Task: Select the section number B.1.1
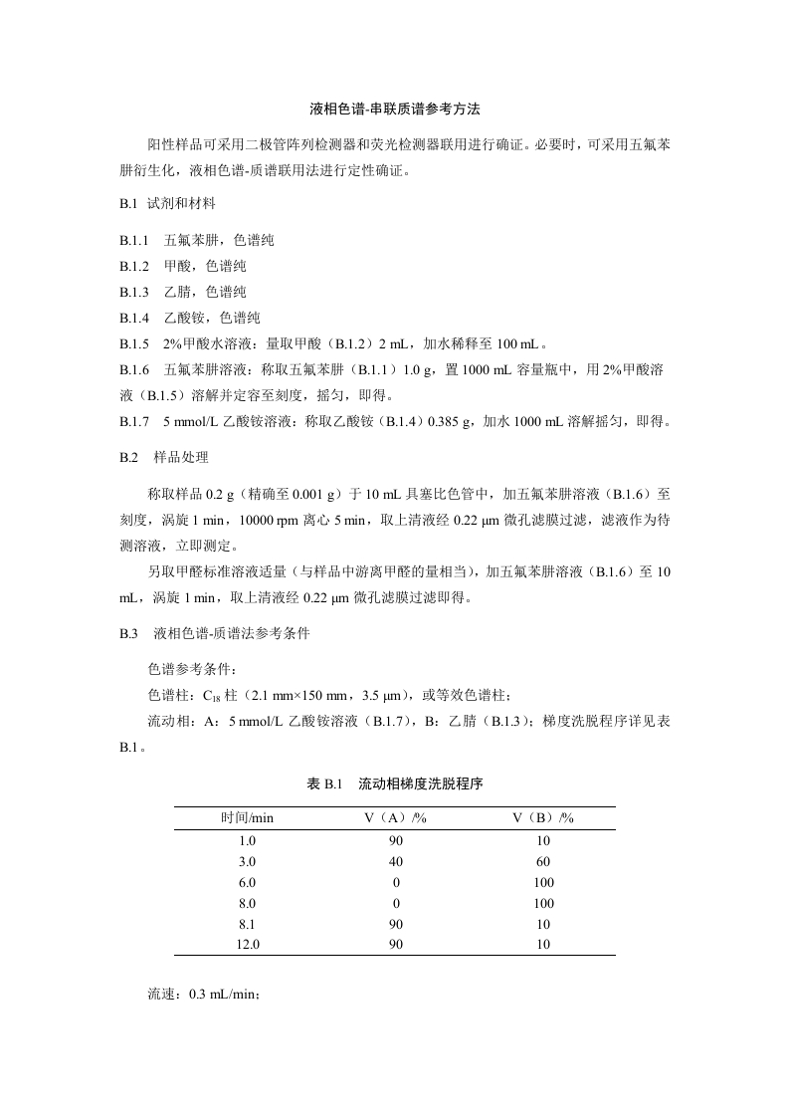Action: click(x=133, y=240)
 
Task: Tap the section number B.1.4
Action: click(x=133, y=318)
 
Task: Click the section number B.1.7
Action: click(x=133, y=421)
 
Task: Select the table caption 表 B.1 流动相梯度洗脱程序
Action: click(x=394, y=783)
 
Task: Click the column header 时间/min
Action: click(x=247, y=817)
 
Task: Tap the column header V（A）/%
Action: click(x=395, y=817)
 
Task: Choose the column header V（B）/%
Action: click(x=543, y=817)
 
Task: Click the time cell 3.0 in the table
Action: click(x=247, y=861)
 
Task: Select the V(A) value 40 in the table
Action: click(x=395, y=861)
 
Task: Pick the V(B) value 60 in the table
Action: click(x=543, y=861)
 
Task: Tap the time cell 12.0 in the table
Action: click(x=247, y=945)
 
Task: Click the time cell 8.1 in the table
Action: click(x=247, y=924)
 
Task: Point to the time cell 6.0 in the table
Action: click(x=247, y=882)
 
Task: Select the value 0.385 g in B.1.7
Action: click(x=448, y=421)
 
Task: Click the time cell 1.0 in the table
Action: click(x=247, y=840)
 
